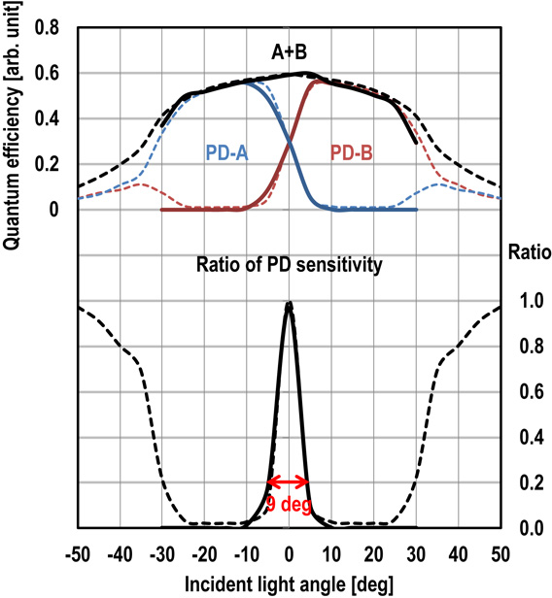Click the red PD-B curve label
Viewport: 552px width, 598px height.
351,152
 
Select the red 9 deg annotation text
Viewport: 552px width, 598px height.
289,504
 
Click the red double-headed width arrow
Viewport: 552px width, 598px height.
289,482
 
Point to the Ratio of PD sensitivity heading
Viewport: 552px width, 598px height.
288,263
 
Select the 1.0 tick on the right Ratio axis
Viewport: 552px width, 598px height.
524,302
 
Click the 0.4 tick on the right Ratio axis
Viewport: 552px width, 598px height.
524,438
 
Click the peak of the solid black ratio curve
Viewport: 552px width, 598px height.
289,304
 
